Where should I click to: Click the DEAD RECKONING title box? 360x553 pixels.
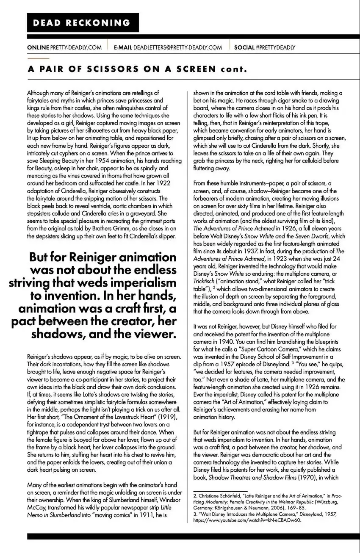click(83, 23)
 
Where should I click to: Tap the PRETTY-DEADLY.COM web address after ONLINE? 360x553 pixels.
click(76, 47)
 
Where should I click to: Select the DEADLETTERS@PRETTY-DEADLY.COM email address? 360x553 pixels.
click(177, 47)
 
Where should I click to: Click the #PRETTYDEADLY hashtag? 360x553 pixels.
click(276, 47)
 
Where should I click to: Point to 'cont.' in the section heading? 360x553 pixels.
click(233, 69)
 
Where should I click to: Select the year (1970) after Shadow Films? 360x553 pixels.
click(309, 477)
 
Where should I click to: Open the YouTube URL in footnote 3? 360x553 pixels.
click(247, 520)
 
